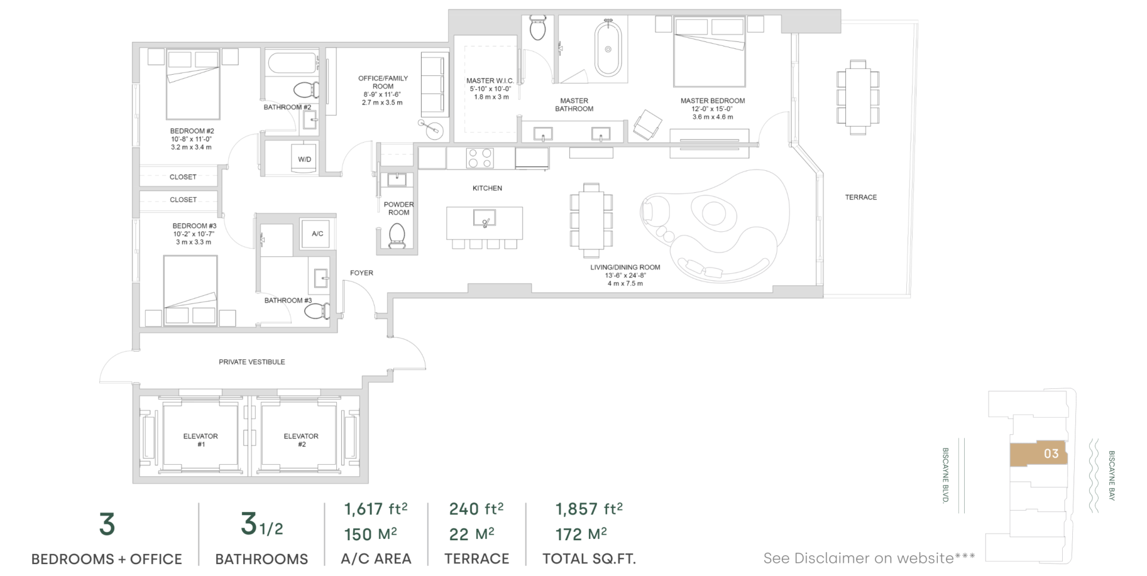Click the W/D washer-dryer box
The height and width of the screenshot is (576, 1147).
tap(305, 158)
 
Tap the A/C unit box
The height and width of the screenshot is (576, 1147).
tap(317, 234)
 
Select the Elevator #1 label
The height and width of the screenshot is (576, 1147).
tap(201, 440)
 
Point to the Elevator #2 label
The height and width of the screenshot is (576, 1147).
tap(301, 440)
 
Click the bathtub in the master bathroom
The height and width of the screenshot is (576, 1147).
tap(608, 48)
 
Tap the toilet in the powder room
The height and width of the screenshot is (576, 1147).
tap(397, 236)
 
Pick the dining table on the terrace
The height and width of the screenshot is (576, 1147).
tap(858, 97)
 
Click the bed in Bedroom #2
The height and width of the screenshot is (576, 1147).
tap(193, 84)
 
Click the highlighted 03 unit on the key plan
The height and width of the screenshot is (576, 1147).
tap(1038, 454)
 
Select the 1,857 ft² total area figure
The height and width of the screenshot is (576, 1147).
tap(589, 508)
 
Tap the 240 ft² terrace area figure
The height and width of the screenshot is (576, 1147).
tap(476, 508)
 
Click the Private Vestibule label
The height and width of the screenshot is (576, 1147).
tap(252, 362)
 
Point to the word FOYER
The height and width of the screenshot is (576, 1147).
tap(361, 273)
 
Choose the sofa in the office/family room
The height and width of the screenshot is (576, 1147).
tap(434, 84)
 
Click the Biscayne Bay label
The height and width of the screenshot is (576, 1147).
tap(1112, 476)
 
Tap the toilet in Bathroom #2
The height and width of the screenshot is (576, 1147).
tap(306, 90)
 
